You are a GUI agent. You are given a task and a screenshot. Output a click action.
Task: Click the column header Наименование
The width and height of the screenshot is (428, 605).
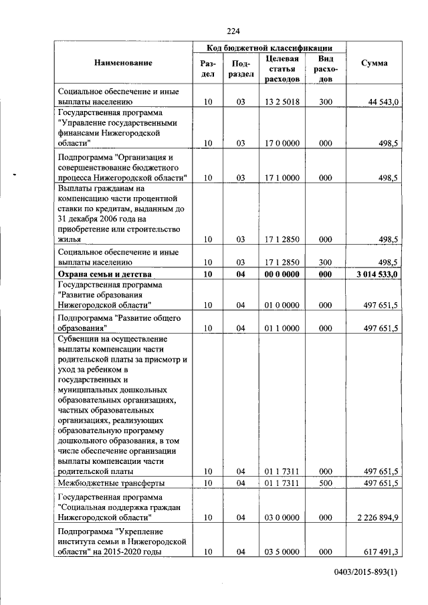[124, 63]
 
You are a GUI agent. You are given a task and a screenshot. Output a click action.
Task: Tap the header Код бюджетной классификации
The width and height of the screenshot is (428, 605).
[270, 48]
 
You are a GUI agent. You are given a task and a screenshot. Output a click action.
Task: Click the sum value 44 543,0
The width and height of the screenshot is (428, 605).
[384, 102]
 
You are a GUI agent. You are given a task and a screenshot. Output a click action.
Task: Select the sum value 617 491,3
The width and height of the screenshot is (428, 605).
[382, 552]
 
